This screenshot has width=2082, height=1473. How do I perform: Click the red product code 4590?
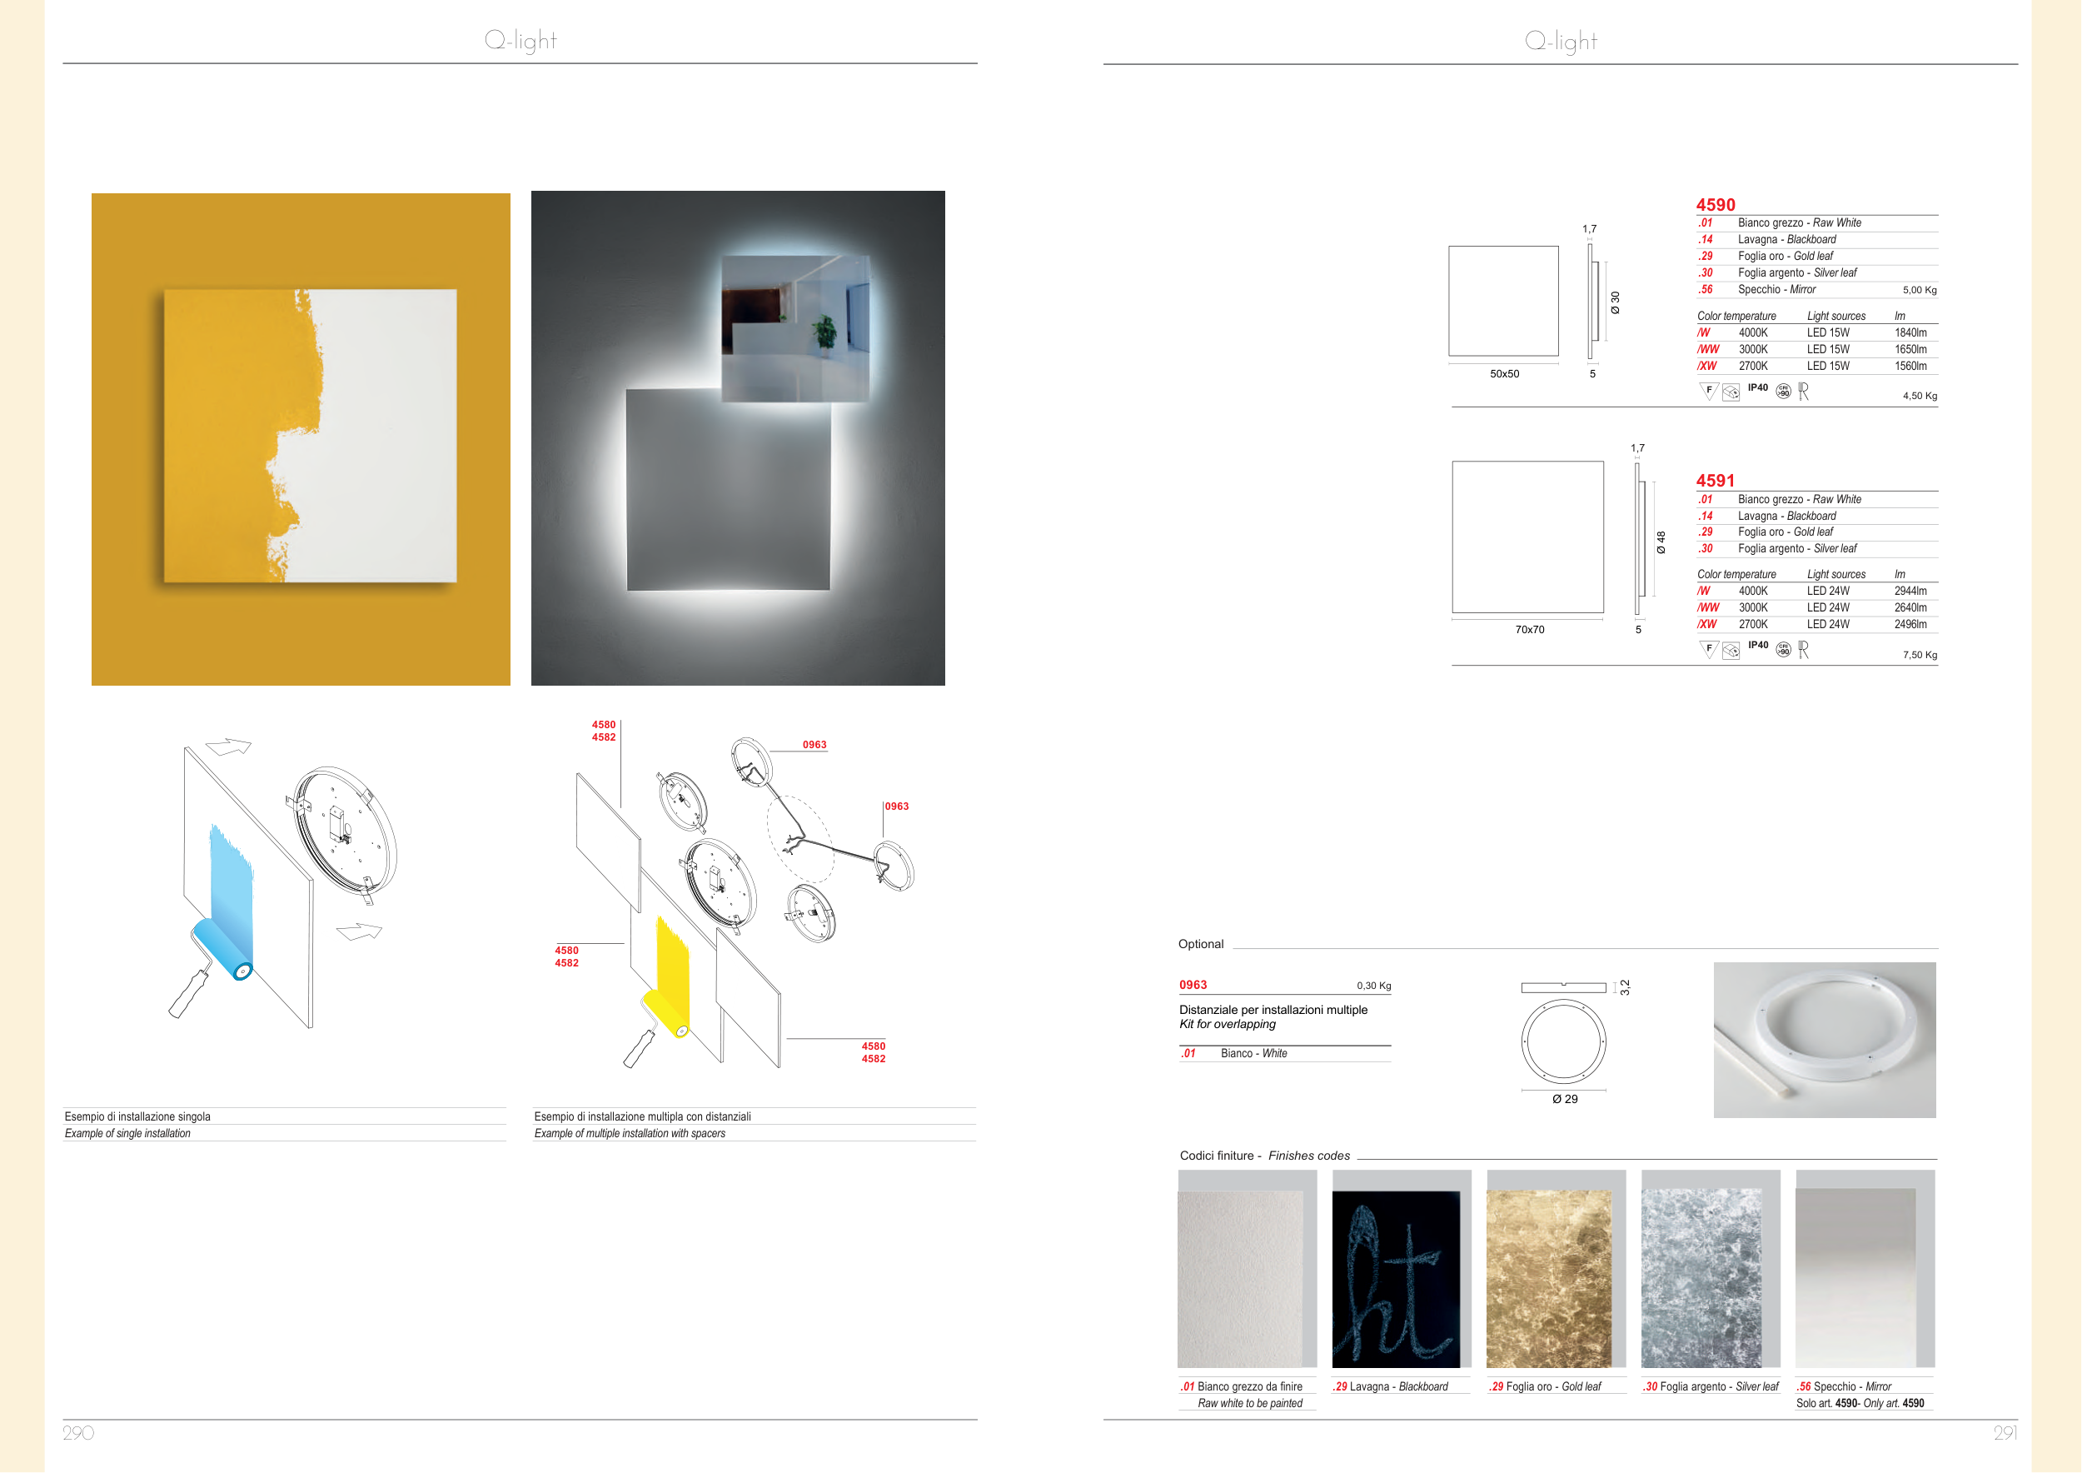point(1715,205)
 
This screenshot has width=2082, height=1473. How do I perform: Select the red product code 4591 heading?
point(1715,481)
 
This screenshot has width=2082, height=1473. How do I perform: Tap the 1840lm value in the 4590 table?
point(1910,333)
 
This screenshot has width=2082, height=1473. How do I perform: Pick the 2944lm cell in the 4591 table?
point(1910,591)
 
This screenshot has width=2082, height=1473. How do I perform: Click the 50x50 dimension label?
point(1504,374)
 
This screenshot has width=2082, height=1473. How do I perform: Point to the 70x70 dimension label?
point(1530,630)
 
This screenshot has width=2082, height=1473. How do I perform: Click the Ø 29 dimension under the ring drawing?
point(1564,1099)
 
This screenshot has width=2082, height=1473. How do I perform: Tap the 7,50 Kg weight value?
point(1920,655)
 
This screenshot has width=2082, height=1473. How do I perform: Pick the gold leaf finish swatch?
point(1549,1279)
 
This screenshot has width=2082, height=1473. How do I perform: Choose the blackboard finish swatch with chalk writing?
point(1396,1279)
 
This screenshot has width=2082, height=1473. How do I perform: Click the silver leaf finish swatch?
point(1701,1279)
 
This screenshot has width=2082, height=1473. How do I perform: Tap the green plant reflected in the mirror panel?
point(824,331)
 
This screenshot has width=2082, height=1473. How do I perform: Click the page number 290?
point(78,1433)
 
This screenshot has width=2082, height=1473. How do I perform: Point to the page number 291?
point(2005,1433)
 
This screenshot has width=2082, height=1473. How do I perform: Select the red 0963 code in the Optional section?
point(1193,985)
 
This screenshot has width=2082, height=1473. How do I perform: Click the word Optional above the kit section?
point(1201,944)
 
